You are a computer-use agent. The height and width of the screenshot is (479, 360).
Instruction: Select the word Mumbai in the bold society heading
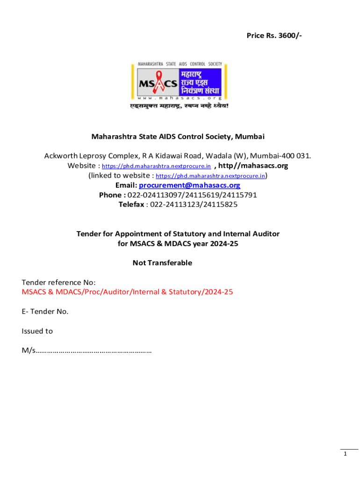click(250, 137)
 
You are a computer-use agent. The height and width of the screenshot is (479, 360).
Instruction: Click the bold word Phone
click(112, 195)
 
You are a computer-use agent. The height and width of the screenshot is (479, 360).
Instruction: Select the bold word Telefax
click(132, 204)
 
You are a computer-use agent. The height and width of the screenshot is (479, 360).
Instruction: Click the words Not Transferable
click(162, 263)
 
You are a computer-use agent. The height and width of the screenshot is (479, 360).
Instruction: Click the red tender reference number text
click(127, 292)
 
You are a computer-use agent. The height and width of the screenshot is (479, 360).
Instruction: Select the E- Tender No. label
click(45, 312)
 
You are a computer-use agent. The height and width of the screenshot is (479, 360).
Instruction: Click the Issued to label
click(37, 331)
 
